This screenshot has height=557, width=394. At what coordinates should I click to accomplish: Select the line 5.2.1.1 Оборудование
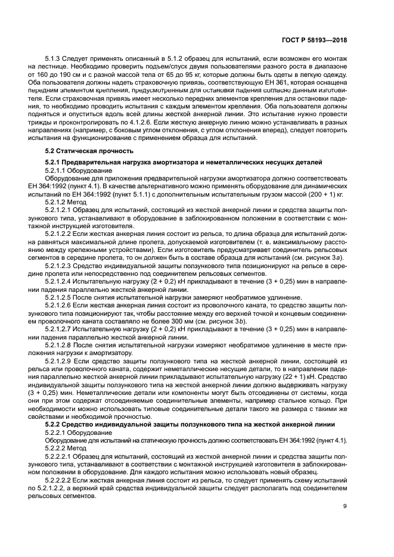[x=74, y=170]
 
